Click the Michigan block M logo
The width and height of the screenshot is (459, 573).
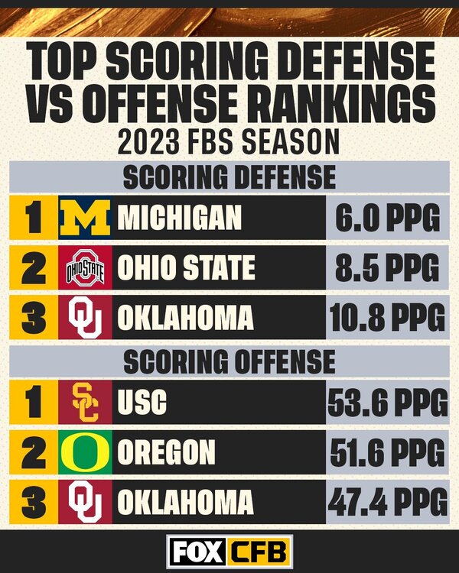85,219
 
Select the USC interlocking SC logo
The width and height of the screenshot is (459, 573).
85,403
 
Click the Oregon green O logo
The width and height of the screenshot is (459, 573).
85,452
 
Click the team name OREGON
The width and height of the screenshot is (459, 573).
166,452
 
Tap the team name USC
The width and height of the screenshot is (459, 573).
142,403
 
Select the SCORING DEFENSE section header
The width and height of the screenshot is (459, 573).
229,177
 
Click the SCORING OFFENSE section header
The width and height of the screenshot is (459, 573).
229,361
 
